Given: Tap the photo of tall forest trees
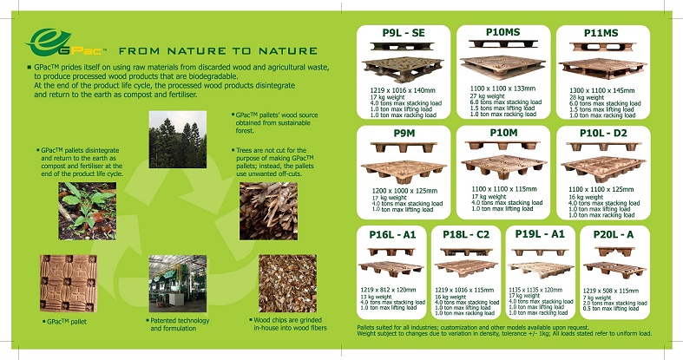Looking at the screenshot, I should point(177,138).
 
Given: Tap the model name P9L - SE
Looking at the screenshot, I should point(404,33).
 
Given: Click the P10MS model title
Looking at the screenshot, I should point(504,33).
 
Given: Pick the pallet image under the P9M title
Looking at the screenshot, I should point(404,169).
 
